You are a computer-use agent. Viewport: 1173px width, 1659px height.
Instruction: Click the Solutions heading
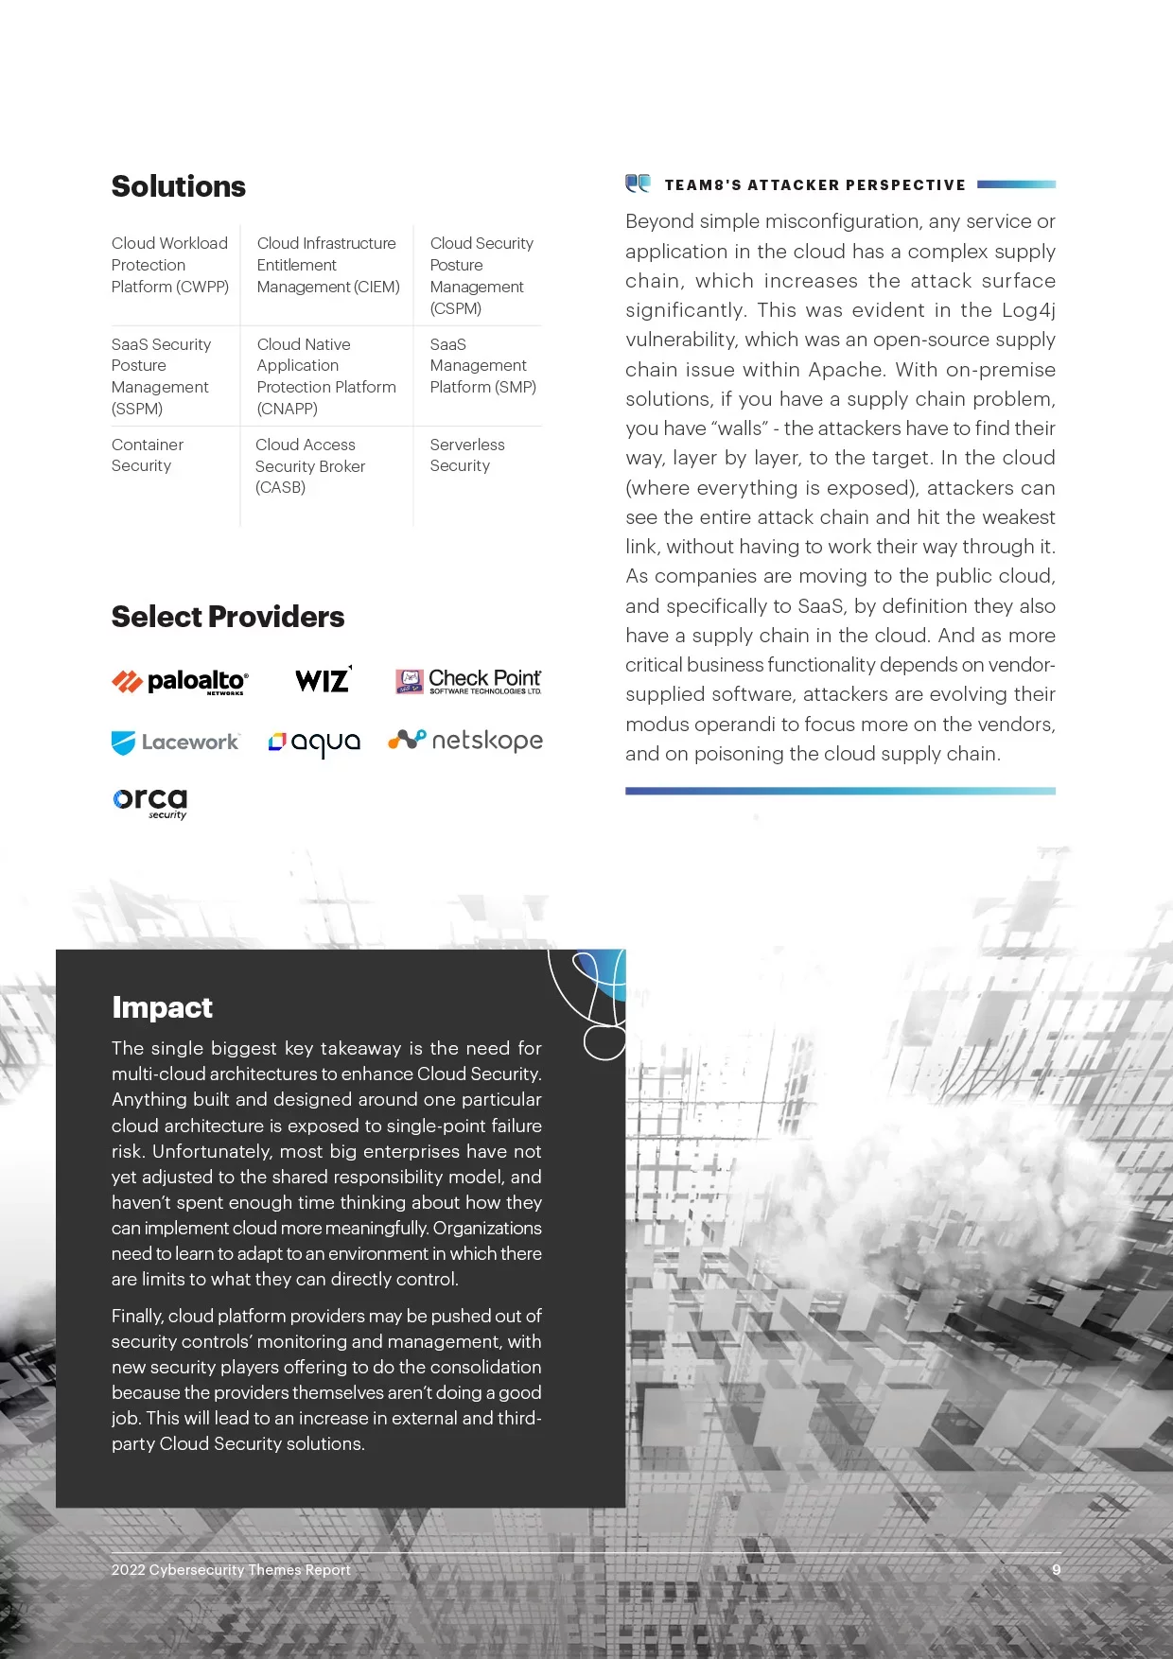coord(179,186)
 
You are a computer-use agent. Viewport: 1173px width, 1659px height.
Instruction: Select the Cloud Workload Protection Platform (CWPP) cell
coord(170,265)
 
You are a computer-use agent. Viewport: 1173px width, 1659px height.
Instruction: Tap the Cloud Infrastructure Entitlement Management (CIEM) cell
coord(327,265)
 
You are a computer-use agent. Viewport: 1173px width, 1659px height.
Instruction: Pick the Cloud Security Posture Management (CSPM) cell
coord(481,275)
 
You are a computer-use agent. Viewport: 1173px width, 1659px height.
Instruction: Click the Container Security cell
coord(148,455)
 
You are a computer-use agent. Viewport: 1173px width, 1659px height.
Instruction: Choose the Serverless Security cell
coord(466,455)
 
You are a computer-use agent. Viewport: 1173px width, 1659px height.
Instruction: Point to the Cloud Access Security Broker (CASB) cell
coord(309,465)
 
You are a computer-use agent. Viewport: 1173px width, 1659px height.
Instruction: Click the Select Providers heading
coord(228,617)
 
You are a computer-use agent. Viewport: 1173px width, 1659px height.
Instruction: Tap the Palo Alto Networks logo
coord(180,681)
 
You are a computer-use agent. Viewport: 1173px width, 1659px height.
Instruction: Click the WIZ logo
coord(323,679)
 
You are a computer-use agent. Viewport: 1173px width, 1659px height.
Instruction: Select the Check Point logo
coord(468,681)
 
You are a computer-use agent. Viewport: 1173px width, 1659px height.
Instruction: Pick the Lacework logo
coord(176,742)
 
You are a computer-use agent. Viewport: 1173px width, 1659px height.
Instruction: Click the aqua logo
coord(314,742)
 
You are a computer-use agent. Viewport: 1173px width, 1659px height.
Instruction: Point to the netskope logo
coord(465,741)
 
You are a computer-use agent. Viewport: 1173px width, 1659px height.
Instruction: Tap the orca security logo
coord(150,802)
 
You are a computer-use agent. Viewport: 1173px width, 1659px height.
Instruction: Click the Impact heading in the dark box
coord(162,1007)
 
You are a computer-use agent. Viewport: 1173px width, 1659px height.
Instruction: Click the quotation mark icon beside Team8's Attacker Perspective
coord(639,183)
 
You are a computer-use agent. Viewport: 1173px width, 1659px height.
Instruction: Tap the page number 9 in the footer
coord(1056,1569)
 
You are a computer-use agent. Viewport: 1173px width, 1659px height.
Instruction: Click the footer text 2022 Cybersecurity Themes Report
coord(231,1569)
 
